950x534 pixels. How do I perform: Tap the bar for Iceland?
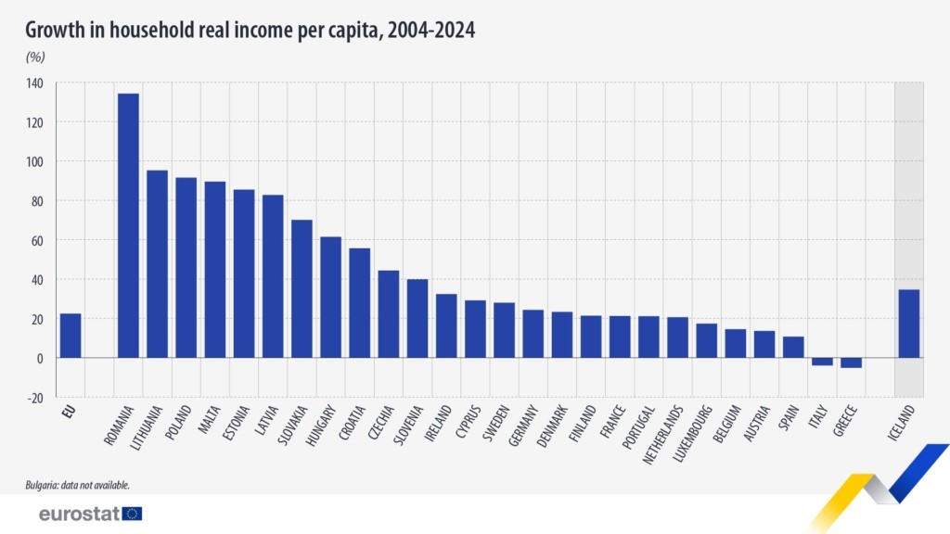pos(908,324)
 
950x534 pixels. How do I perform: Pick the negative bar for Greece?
pos(851,362)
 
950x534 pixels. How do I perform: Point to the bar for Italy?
pos(822,362)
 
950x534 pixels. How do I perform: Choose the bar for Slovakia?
pos(302,288)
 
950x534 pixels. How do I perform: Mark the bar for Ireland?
pos(446,325)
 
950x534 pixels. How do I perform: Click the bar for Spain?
pos(793,347)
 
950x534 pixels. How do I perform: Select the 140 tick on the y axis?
pos(34,83)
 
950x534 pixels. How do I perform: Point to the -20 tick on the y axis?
pos(34,397)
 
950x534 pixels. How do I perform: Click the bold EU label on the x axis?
pos(68,411)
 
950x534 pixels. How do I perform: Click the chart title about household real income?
pos(250,30)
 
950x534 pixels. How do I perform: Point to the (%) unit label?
pos(35,57)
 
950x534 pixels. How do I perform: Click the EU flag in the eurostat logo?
pos(132,514)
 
